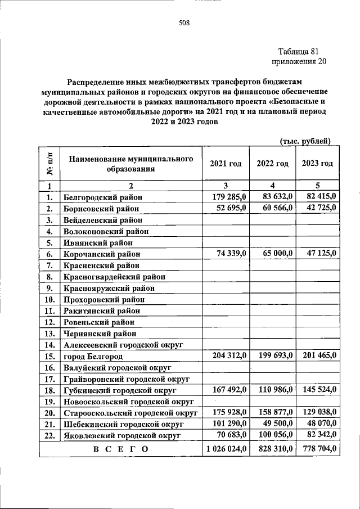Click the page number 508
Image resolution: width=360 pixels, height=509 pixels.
184,23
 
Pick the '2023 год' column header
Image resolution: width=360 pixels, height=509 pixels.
317,163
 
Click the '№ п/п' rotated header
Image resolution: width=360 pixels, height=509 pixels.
49,163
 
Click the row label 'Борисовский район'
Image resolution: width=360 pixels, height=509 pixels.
101,209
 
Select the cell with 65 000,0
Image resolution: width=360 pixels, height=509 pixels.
274,254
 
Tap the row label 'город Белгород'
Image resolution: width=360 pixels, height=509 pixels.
93,357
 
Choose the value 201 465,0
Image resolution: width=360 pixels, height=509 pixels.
317,355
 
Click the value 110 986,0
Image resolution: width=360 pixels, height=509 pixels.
274,389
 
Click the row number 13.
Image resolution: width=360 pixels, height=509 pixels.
49,334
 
